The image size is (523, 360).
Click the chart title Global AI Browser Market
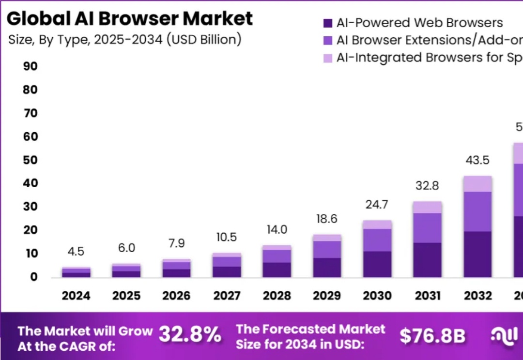(x=129, y=18)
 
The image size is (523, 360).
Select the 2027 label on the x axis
(x=227, y=296)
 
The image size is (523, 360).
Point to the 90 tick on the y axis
(x=30, y=66)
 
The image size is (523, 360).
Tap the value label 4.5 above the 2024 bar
(x=76, y=252)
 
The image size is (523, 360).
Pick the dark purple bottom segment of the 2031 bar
(x=427, y=260)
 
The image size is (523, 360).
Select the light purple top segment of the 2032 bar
(x=478, y=184)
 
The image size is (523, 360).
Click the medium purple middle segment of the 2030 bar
(x=377, y=240)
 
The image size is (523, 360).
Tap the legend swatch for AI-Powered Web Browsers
(x=328, y=23)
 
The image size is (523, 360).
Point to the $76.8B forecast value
(x=432, y=336)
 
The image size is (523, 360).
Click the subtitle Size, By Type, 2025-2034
(x=124, y=39)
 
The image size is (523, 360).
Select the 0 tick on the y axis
(x=33, y=277)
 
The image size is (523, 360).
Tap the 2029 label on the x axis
(x=327, y=296)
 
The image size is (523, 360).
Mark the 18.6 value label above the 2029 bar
(x=327, y=219)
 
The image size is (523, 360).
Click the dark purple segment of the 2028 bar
(x=277, y=270)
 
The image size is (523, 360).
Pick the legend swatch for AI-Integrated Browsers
(x=328, y=58)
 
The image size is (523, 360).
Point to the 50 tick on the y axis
(x=30, y=160)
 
